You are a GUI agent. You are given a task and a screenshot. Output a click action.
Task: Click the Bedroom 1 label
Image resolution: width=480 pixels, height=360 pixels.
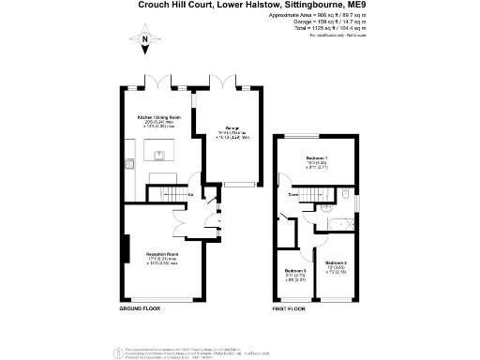point(318,157)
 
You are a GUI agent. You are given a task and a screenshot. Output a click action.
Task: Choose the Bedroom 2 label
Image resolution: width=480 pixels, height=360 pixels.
point(335,262)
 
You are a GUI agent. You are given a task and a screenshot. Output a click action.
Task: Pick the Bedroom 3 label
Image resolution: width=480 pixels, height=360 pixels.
point(294,272)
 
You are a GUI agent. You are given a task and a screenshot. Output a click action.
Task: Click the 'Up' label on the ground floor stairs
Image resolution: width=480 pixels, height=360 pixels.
point(191,195)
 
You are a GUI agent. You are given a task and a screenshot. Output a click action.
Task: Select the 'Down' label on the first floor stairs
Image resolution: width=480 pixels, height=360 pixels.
point(293,195)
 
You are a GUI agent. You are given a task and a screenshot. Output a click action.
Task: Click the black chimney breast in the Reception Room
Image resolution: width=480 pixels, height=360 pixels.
point(125,249)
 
